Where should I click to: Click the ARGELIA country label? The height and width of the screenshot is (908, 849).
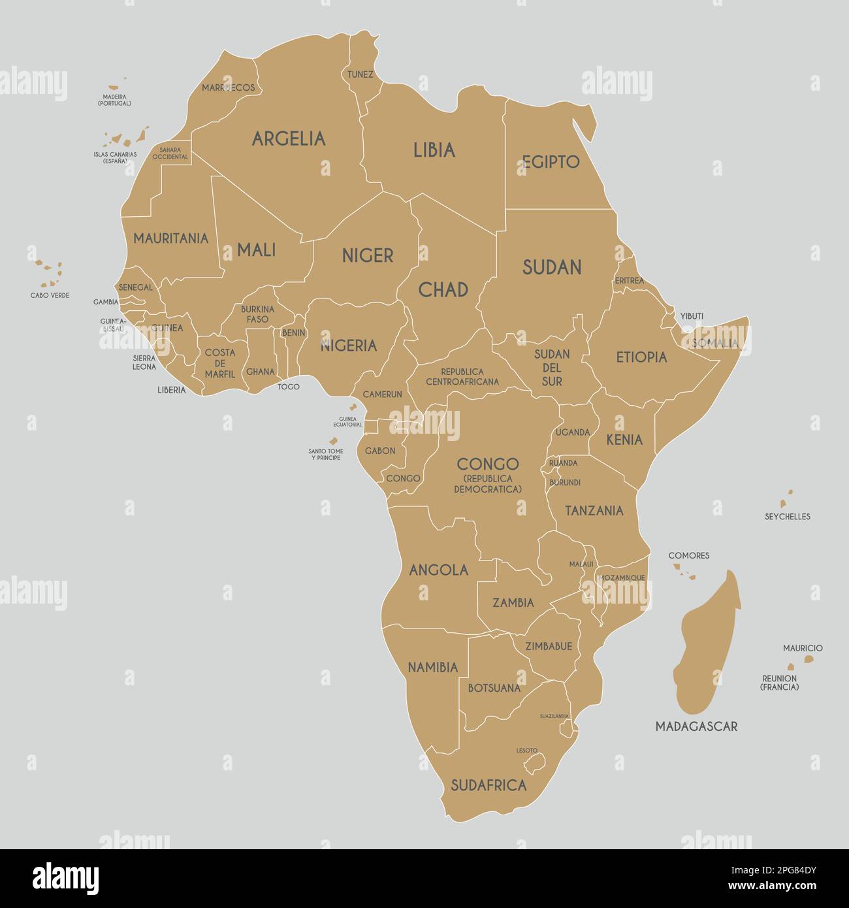tap(289, 138)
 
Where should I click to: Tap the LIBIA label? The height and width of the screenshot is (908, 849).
tap(434, 150)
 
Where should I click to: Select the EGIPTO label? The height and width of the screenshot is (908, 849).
tap(551, 161)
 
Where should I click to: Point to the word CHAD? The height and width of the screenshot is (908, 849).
tap(443, 289)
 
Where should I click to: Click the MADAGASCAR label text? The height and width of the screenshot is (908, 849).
tap(696, 726)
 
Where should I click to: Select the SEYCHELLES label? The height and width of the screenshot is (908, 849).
tap(787, 517)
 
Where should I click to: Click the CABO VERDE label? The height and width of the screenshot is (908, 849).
tap(50, 295)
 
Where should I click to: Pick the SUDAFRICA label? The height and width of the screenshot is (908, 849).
tap(489, 785)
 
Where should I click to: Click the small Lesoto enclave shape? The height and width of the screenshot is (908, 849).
tap(536, 763)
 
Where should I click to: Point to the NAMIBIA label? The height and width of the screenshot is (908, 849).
tap(432, 668)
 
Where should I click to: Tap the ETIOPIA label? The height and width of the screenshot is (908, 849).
tap(641, 357)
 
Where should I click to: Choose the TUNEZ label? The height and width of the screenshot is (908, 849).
tap(360, 74)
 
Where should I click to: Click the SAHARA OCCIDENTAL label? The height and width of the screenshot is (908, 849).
tap(170, 154)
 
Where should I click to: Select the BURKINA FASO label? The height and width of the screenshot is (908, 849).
tap(257, 314)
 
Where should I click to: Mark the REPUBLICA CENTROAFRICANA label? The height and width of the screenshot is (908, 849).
tap(462, 377)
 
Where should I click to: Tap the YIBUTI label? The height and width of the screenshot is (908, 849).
tap(692, 316)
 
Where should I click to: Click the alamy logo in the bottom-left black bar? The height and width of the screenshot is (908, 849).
tap(65, 878)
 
